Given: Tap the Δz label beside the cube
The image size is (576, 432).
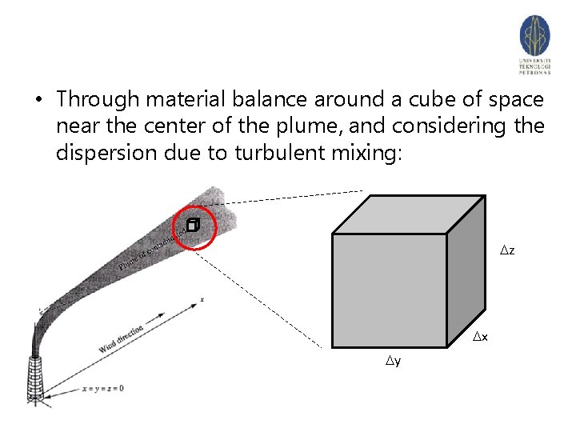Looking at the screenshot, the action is tap(507, 251).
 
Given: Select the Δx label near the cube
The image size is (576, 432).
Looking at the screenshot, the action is tap(479, 338).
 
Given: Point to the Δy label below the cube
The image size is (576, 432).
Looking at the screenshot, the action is tap(393, 362).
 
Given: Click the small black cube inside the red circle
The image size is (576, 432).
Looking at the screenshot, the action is tap(192, 226).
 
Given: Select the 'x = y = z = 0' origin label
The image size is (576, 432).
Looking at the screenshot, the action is tap(102, 389).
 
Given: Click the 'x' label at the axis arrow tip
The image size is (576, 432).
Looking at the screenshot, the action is tap(203, 299).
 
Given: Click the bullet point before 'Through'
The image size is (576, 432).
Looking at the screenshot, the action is tap(37, 101).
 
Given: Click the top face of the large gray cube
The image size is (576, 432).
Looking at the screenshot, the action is tap(409, 214).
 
